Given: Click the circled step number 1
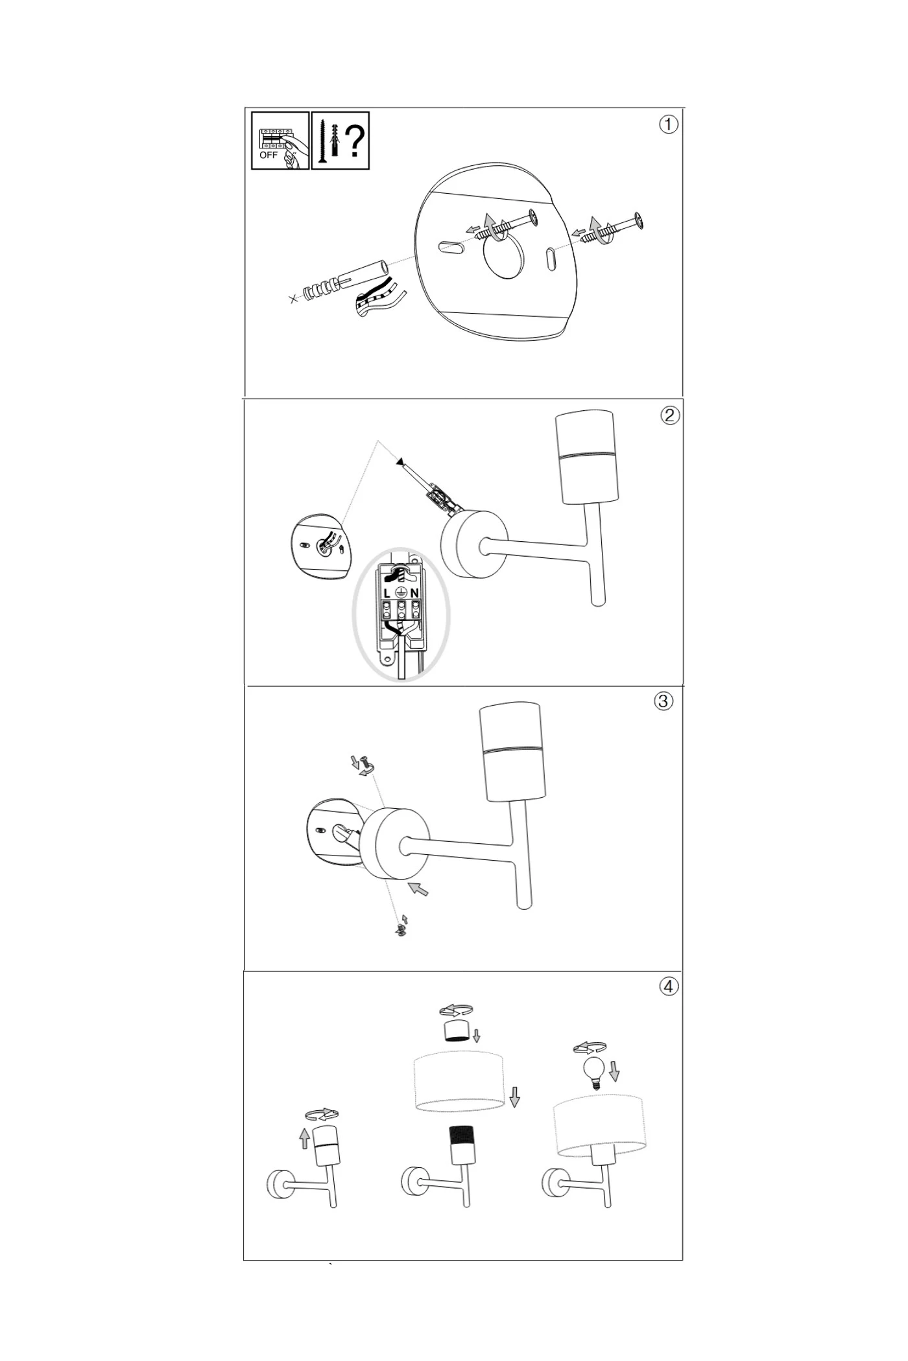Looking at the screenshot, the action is (668, 124).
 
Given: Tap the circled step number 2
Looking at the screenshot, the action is (670, 415).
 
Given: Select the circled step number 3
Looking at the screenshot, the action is (663, 701).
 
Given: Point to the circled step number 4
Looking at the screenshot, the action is (669, 987).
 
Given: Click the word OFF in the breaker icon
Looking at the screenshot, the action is (269, 156).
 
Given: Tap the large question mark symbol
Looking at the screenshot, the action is (354, 141).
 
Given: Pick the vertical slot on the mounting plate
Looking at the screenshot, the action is (551, 259).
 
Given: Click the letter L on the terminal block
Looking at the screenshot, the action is (387, 593).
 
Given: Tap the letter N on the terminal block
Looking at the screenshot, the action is (414, 593).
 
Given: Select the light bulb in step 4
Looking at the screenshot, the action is (593, 1073).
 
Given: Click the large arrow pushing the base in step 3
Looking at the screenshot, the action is (418, 888).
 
